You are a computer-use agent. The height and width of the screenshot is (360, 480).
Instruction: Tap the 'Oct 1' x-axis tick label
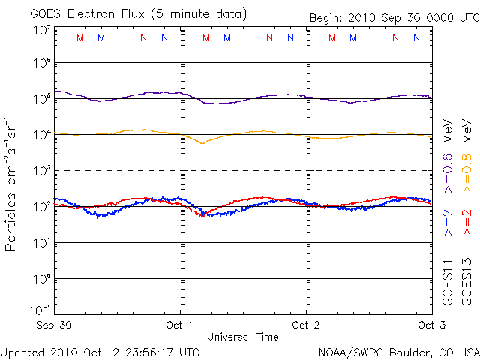(x=181, y=325)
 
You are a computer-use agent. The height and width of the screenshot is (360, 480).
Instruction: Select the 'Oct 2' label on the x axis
(x=306, y=325)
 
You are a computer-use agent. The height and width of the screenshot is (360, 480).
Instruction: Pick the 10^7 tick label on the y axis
(x=41, y=30)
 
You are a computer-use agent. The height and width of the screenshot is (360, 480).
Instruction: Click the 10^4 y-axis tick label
(x=41, y=134)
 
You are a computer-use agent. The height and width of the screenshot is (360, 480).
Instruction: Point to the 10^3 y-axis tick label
(x=41, y=170)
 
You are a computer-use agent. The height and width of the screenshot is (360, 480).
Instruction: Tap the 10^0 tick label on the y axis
(x=41, y=278)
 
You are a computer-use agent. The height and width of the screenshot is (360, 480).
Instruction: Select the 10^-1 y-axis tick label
(x=40, y=310)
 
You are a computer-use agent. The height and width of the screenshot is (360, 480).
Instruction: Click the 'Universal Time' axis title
(x=243, y=337)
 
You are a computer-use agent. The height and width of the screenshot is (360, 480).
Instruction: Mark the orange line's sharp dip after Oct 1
(x=201, y=142)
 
